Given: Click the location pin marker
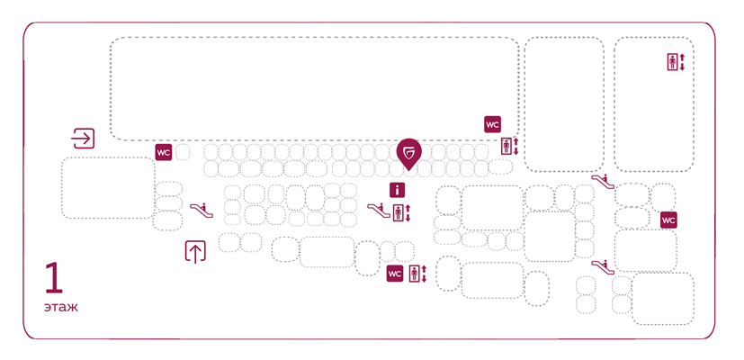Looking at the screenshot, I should click(x=408, y=153).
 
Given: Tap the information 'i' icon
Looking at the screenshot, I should click(x=398, y=190).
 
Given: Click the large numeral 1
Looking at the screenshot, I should click(x=54, y=278).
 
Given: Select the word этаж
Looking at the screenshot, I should click(x=60, y=308).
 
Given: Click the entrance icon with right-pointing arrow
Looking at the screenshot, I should click(x=83, y=139).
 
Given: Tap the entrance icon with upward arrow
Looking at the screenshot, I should click(x=195, y=252).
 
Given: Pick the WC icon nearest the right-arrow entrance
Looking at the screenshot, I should click(x=163, y=153).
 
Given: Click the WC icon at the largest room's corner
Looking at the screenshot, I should click(x=492, y=124).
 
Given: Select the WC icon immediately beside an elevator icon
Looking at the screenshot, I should click(x=395, y=274).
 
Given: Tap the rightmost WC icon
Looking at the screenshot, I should click(x=668, y=220).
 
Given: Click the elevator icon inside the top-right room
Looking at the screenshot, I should click(x=674, y=62).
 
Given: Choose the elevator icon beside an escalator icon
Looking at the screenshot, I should click(x=400, y=213).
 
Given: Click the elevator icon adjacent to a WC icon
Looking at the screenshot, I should click(x=416, y=274).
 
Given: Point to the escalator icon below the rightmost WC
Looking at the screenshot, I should click(x=602, y=265).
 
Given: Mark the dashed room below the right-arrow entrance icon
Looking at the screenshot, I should click(x=108, y=188).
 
